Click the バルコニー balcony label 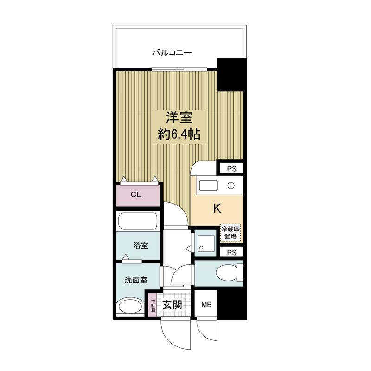coord(172,52)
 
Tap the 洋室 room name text coord(179,117)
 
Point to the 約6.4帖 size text coord(179,134)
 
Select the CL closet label coord(136,195)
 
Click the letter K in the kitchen coord(217,209)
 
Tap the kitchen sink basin coord(208,185)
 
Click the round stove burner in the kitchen coord(231,185)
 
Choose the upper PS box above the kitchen coord(231,169)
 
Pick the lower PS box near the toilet coord(231,252)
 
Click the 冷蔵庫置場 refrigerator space coord(230,233)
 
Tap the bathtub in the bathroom coord(138,221)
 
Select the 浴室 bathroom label coord(141,245)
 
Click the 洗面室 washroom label coord(136,280)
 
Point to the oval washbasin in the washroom coord(130,307)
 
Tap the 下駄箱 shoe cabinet coord(153,306)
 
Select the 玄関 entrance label coord(172,305)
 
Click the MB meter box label coord(206,305)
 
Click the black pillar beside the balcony coord(230,74)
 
